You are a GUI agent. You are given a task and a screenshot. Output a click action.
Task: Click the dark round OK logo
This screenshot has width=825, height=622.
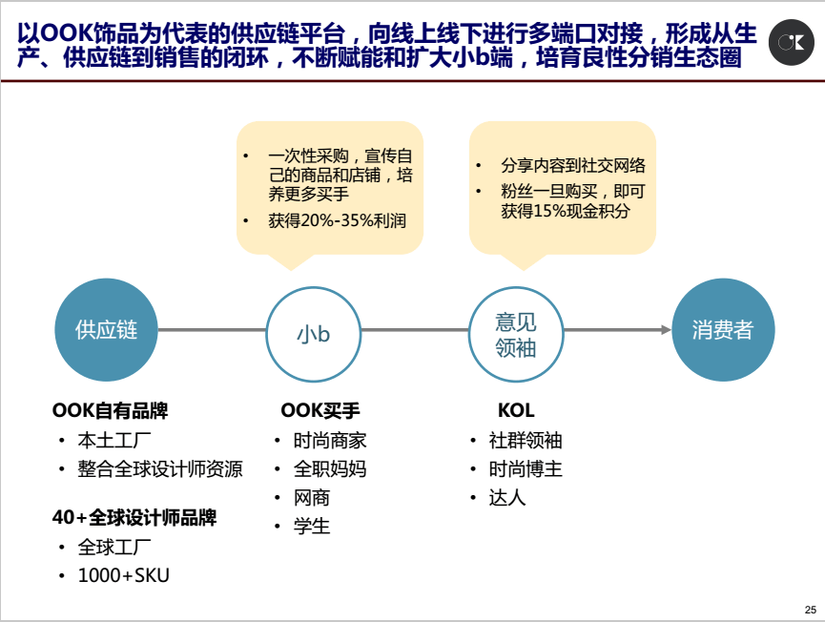792,43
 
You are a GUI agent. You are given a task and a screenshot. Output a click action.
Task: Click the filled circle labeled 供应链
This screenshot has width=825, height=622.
106,330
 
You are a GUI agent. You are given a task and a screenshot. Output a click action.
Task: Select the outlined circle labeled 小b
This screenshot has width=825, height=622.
314,334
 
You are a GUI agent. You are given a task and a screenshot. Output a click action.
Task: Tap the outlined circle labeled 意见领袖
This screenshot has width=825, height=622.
516,334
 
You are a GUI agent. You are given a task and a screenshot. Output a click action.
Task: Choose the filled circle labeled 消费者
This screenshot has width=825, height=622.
724,330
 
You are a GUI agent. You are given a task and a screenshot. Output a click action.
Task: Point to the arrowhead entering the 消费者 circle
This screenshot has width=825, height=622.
667,330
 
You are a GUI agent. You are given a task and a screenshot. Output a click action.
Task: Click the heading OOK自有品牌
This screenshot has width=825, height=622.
110,410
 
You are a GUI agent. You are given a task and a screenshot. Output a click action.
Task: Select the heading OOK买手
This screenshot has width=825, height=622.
320,410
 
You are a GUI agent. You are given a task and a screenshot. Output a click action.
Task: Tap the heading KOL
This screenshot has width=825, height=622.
516,410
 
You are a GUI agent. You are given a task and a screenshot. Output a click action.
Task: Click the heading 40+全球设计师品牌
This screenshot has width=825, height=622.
134,518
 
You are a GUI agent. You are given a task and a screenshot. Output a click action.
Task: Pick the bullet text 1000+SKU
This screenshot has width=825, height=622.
124,575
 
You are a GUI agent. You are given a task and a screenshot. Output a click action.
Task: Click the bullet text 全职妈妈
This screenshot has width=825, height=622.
330,468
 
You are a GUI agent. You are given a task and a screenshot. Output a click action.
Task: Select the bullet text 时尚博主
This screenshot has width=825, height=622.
526,468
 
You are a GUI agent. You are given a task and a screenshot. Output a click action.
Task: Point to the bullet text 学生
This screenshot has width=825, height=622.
312,527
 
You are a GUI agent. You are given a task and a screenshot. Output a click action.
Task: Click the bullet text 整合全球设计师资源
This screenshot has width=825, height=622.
160,468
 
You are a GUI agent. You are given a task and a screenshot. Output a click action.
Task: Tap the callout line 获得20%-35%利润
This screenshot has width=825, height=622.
338,220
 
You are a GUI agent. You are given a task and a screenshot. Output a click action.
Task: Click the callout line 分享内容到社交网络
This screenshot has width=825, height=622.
573,166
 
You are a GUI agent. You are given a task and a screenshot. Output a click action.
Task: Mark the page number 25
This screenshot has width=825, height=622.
811,610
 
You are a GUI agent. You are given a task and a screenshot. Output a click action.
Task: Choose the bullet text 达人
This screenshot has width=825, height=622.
507,498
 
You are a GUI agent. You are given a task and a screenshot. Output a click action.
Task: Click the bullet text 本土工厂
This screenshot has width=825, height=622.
114,441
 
